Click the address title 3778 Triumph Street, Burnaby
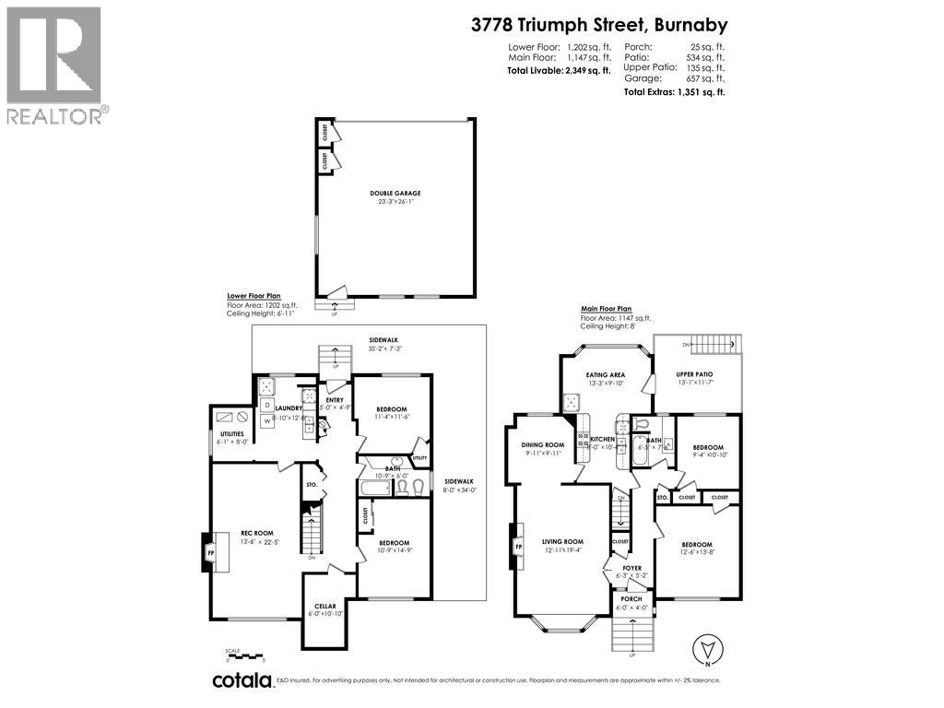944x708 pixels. coord(598,26)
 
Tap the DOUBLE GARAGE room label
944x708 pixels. coord(395,194)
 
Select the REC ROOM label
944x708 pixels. coord(258,532)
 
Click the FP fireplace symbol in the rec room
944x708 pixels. coord(210,553)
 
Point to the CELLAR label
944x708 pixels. coord(325,606)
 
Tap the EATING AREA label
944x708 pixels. coord(606,375)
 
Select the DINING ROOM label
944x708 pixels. coord(541,444)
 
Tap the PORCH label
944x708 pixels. coord(631,599)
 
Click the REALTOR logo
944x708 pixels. coord(54,65)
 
